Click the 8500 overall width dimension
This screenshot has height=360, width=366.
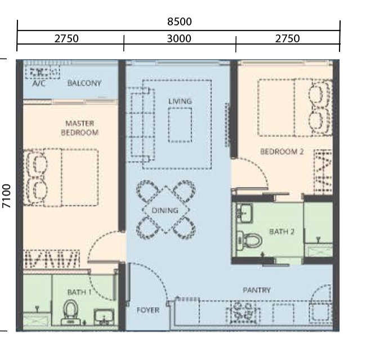(x=180, y=22)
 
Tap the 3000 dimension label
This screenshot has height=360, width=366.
(x=179, y=38)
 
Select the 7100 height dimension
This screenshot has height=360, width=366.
(x=6, y=196)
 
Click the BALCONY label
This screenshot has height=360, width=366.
(x=84, y=83)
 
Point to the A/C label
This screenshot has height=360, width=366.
(x=39, y=83)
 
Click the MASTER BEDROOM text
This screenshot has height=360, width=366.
(x=79, y=128)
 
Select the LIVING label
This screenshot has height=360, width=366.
(x=180, y=101)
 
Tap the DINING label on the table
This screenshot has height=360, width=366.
(x=165, y=211)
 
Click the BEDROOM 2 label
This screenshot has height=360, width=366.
(x=282, y=152)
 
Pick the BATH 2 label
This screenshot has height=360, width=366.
(x=282, y=232)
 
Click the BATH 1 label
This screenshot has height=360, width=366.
(x=79, y=292)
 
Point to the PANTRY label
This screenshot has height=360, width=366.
(x=257, y=290)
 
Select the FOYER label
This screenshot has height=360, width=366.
(x=148, y=310)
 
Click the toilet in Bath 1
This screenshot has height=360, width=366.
(x=70, y=313)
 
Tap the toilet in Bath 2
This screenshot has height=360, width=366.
(x=249, y=240)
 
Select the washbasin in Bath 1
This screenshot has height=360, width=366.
(x=104, y=317)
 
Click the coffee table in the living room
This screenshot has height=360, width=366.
(x=180, y=125)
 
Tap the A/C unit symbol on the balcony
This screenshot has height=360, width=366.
(x=42, y=72)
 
